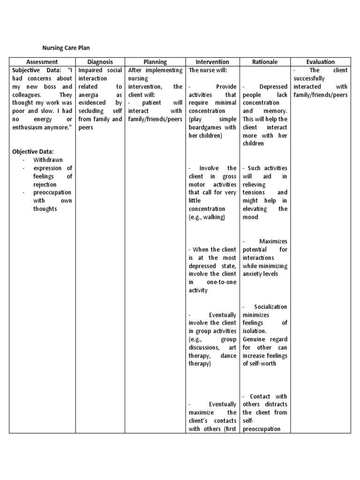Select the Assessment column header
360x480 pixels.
42,62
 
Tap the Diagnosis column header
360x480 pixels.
100,62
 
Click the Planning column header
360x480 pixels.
155,62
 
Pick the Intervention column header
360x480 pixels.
212,62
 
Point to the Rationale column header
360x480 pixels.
265,62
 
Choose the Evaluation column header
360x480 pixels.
320,62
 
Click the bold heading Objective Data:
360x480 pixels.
33,151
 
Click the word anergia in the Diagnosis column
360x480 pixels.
88,95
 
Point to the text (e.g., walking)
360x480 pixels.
207,217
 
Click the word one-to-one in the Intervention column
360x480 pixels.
222,282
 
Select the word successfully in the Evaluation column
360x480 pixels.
308,78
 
